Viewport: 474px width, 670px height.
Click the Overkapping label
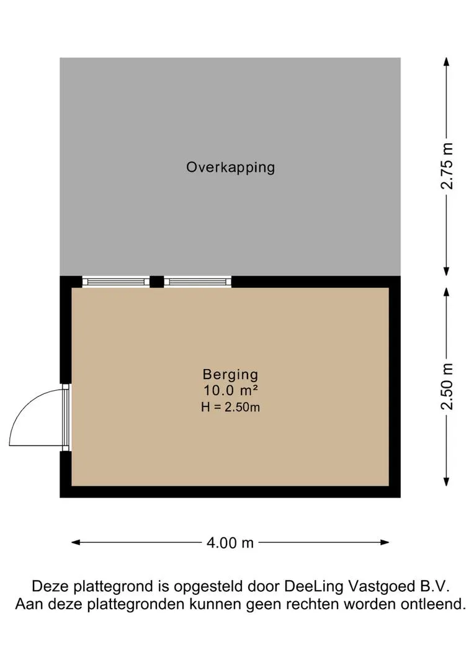click(x=230, y=167)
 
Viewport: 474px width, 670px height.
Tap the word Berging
click(x=230, y=375)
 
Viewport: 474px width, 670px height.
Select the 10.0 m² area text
click(x=230, y=390)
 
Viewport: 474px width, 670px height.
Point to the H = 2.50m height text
click(x=230, y=407)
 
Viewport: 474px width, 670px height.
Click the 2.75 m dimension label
click(x=447, y=166)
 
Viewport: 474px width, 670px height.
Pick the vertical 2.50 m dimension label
click(x=447, y=386)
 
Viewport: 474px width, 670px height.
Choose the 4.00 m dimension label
click(x=230, y=543)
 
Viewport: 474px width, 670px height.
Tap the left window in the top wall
click(x=115, y=282)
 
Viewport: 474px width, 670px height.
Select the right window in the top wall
click(x=197, y=282)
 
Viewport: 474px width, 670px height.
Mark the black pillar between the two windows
click(x=157, y=282)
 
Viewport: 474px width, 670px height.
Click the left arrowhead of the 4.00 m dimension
click(x=76, y=543)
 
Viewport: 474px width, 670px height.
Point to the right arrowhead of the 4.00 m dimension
click(x=385, y=543)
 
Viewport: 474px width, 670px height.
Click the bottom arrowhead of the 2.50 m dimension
click(x=447, y=481)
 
